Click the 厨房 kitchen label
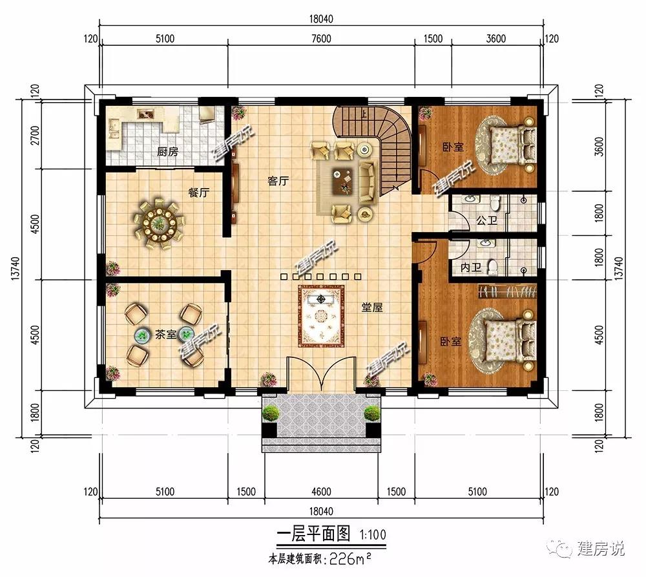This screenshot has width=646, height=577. tap(167, 152)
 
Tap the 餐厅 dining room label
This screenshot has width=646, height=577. tap(198, 193)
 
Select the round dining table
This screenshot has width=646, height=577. tap(159, 225)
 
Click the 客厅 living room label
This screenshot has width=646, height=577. tap(278, 180)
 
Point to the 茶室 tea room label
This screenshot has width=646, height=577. tap(165, 334)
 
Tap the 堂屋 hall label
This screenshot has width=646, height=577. tap(371, 307)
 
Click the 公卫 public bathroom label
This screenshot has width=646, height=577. tap(486, 220)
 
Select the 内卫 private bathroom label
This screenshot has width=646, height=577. tap(471, 268)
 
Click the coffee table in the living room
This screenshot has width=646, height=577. tap(343, 180)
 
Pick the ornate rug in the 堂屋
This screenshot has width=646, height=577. tap(321, 316)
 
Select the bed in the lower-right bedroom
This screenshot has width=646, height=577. tap(510, 340)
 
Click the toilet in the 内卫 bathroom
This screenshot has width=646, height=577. tap(492, 267)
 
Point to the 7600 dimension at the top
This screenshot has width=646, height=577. tap(321, 39)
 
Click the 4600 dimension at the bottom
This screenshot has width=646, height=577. tap(321, 492)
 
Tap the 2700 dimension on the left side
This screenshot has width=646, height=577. tap(36, 135)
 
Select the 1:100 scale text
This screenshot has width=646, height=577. tap(373, 535)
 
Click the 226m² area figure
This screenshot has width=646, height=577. tap(349, 559)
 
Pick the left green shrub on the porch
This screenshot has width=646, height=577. tap(271, 413)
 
